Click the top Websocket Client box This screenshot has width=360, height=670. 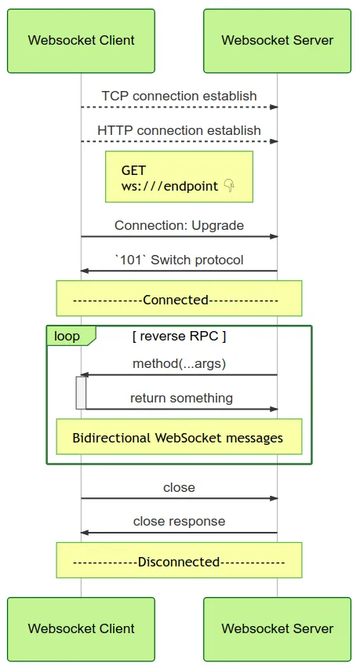click(81, 41)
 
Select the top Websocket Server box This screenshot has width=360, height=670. click(277, 41)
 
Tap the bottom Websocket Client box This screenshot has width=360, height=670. click(81, 629)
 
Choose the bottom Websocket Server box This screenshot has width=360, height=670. click(277, 629)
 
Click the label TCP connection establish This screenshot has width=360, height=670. click(179, 96)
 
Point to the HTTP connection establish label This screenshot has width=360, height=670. click(179, 130)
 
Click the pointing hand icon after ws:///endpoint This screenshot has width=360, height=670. click(229, 186)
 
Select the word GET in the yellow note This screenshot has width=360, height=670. click(133, 170)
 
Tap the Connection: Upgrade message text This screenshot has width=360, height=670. click(179, 225)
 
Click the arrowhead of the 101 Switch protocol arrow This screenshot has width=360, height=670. click(84, 271)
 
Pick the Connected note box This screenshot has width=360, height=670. click(179, 298)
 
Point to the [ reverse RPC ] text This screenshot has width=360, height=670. click(179, 337)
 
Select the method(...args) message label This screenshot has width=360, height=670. click(179, 363)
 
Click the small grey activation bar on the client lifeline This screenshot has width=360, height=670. click(81, 393)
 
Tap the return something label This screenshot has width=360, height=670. click(181, 399)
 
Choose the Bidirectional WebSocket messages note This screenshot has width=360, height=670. click(179, 437)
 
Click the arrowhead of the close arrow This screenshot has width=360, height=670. click(275, 498)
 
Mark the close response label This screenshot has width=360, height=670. click(179, 521)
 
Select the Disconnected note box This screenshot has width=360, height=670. click(179, 560)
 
